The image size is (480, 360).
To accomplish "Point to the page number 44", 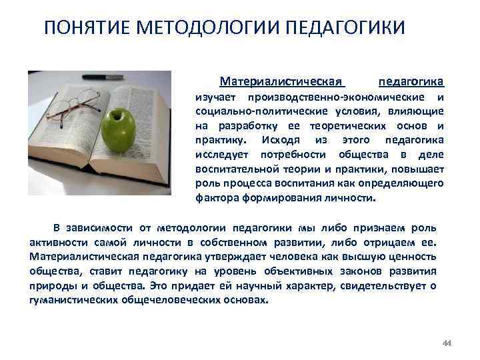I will point(447,343).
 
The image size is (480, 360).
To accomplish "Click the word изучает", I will point(215,97).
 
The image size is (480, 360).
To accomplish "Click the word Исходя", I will point(281,139).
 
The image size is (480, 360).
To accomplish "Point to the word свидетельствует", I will point(385,285).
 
